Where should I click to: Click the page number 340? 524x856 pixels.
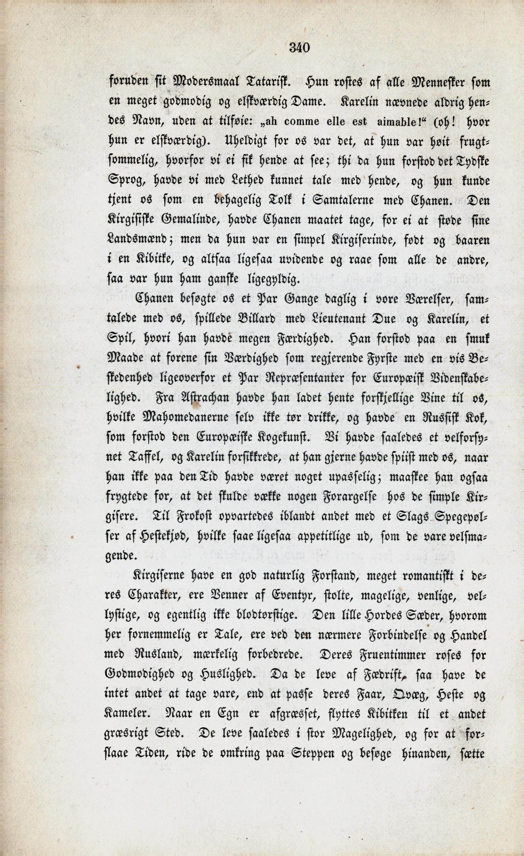[x=299, y=47]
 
